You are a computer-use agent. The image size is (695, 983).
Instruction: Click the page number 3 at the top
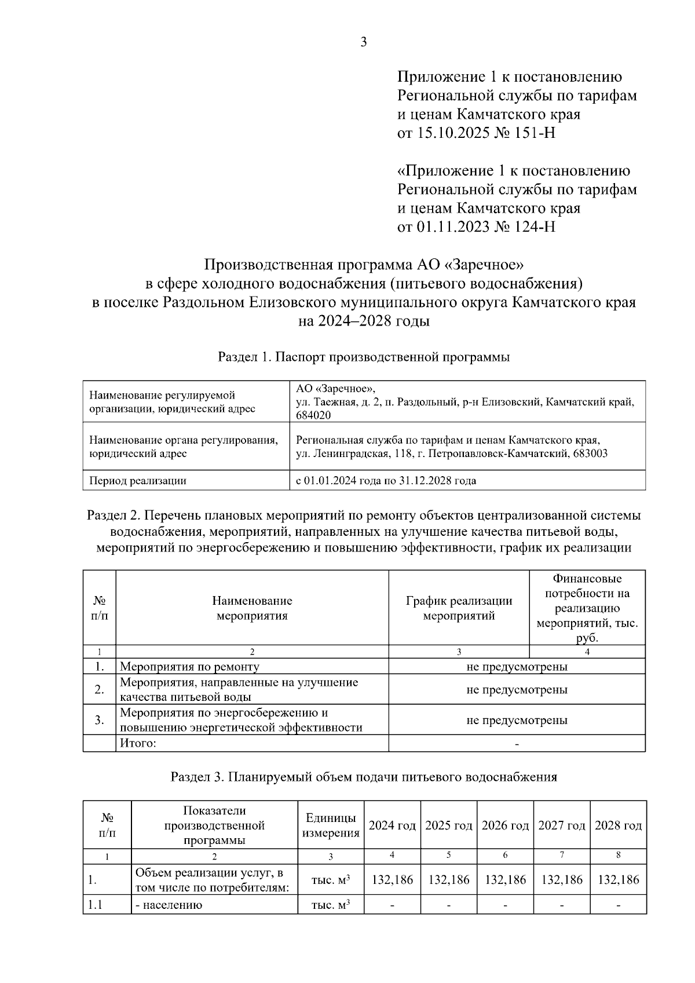[x=364, y=42]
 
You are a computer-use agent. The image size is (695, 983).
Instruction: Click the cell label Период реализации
[x=137, y=480]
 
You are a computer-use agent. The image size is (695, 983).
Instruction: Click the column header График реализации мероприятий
[x=459, y=608]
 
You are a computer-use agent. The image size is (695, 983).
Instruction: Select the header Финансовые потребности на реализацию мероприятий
[x=587, y=608]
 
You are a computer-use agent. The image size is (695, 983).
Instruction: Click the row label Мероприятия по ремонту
[x=189, y=667]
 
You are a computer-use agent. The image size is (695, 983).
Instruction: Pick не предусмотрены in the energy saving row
[x=517, y=720]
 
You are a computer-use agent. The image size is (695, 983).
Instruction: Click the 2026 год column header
[x=505, y=825]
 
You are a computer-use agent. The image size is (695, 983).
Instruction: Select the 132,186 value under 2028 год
[x=618, y=880]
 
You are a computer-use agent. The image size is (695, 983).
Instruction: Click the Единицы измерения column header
[x=331, y=825]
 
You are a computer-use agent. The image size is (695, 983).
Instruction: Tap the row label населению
[x=171, y=905]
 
